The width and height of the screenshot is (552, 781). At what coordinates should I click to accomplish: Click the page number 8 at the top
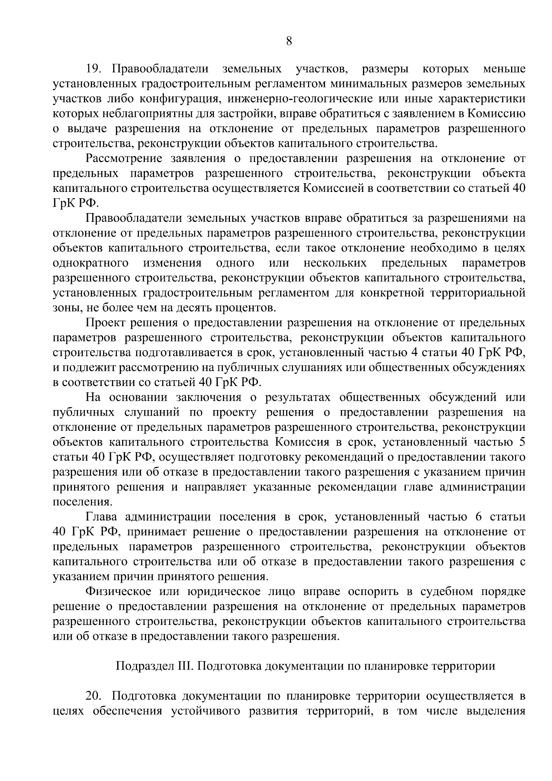pos(289,41)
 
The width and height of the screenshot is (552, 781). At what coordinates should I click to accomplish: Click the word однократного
pos(91,263)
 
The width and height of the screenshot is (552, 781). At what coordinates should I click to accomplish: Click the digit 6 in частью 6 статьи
pos(479,517)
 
